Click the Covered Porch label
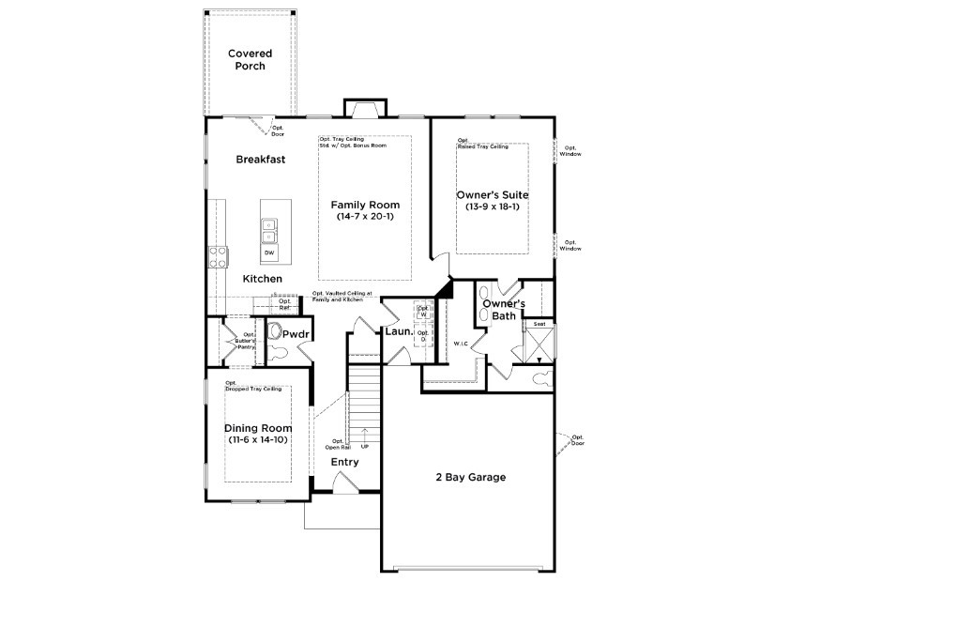click(x=250, y=60)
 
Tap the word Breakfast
click(x=260, y=160)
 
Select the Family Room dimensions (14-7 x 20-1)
click(x=365, y=217)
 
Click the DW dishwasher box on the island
click(x=269, y=253)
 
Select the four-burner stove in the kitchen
click(x=217, y=256)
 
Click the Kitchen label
click(x=262, y=280)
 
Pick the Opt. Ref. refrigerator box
click(x=284, y=305)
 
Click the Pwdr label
click(x=296, y=334)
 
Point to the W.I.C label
click(x=460, y=344)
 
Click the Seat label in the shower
click(x=539, y=324)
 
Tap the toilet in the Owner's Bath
click(x=542, y=379)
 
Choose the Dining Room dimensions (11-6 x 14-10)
click(x=258, y=440)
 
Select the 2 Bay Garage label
click(x=470, y=478)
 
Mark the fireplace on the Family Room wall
click(x=363, y=108)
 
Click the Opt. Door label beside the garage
click(x=577, y=440)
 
